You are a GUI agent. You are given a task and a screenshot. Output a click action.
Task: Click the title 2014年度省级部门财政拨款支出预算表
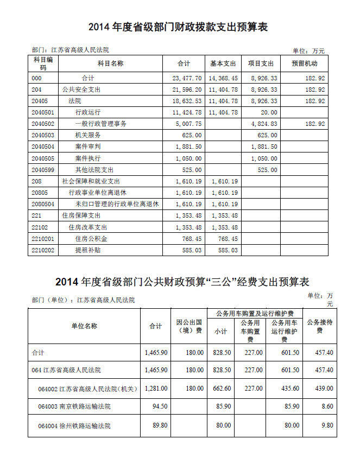[179, 27]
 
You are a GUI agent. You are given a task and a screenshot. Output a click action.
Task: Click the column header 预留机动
[304, 63]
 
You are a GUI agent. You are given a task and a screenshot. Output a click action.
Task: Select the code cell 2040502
[43, 124]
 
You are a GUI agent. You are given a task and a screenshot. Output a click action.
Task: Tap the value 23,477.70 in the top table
[187, 78]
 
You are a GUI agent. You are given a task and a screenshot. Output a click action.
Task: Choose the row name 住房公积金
[91, 238]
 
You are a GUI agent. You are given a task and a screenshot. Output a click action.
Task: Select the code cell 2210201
[43, 238]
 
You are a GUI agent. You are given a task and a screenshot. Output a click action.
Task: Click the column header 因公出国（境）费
[190, 326]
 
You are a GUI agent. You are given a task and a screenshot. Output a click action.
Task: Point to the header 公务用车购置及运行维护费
[255, 313]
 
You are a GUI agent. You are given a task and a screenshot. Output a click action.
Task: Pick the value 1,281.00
[156, 389]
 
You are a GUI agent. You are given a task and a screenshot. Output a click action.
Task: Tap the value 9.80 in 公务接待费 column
[326, 425]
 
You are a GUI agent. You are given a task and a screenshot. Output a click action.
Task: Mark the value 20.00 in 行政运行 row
[268, 112]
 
